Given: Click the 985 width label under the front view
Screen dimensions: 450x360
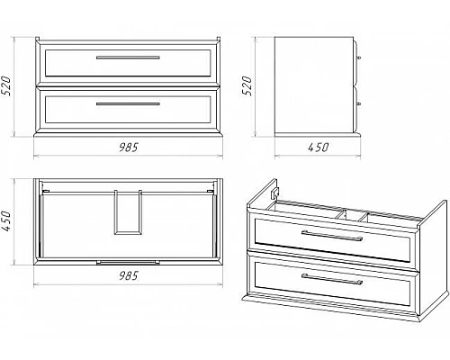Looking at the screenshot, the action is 128,148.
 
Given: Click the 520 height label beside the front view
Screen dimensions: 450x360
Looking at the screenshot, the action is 6,86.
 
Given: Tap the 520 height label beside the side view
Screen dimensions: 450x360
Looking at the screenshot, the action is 247,85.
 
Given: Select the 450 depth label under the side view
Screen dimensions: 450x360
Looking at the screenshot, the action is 318,148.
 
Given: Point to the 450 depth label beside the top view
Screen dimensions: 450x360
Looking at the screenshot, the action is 6,221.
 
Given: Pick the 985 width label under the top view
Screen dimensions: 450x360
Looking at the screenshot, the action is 128,275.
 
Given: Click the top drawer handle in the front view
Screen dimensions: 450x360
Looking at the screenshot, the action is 128,58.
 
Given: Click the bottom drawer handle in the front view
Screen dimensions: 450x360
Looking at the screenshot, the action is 128,104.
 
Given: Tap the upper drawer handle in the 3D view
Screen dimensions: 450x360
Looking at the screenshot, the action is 332,236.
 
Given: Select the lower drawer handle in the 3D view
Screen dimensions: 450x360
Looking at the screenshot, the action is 332,279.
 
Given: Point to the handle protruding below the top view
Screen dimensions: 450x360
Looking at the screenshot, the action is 128,263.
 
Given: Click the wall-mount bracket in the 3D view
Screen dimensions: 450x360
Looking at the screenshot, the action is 275,193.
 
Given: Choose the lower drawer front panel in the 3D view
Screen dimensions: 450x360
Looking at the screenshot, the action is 332,280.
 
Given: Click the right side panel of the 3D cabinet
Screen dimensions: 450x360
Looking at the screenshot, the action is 433,258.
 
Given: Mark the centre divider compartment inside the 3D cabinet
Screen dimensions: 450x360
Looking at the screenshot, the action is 353,215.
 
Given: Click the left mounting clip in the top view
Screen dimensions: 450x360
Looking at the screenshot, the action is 46,191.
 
